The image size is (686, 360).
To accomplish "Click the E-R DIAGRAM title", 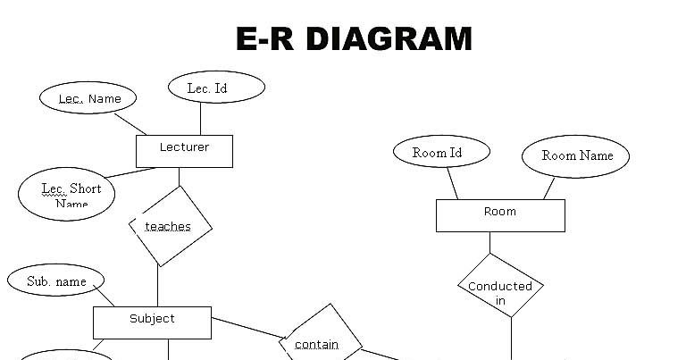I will (x=354, y=39).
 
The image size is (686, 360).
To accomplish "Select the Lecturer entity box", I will (x=184, y=151).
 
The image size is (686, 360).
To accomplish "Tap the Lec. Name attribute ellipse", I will (x=88, y=98).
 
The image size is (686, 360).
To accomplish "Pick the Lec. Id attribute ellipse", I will (x=216, y=88).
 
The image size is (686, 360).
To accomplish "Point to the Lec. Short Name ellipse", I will (x=71, y=194).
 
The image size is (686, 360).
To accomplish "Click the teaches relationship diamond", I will (x=170, y=226).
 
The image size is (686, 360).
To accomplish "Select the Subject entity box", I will (x=152, y=322).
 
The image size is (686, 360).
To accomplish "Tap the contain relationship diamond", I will (x=320, y=342).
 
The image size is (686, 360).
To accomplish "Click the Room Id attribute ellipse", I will (x=441, y=153).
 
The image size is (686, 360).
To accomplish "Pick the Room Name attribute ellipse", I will (x=576, y=156).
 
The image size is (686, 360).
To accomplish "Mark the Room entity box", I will (x=500, y=215).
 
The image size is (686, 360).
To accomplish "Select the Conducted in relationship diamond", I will (x=500, y=293).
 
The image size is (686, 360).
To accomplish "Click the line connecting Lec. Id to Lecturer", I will (x=200, y=119).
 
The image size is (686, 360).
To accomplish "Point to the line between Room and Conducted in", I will (x=489, y=243).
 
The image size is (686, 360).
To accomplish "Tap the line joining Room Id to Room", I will (x=453, y=183).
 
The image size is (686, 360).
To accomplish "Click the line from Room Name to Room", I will (x=548, y=188).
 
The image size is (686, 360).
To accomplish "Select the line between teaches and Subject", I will (x=158, y=286).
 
